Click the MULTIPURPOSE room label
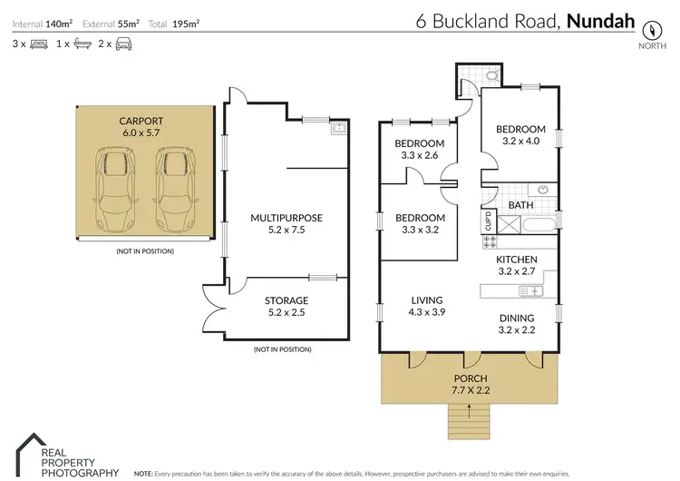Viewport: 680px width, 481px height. click(287, 217)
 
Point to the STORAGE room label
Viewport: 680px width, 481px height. click(287, 300)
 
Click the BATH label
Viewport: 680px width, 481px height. click(520, 206)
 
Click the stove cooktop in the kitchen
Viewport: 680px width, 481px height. click(489, 242)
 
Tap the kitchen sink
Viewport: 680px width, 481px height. click(529, 290)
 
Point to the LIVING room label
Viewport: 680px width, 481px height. click(426, 300)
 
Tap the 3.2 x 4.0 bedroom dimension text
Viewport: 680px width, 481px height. click(520, 142)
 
